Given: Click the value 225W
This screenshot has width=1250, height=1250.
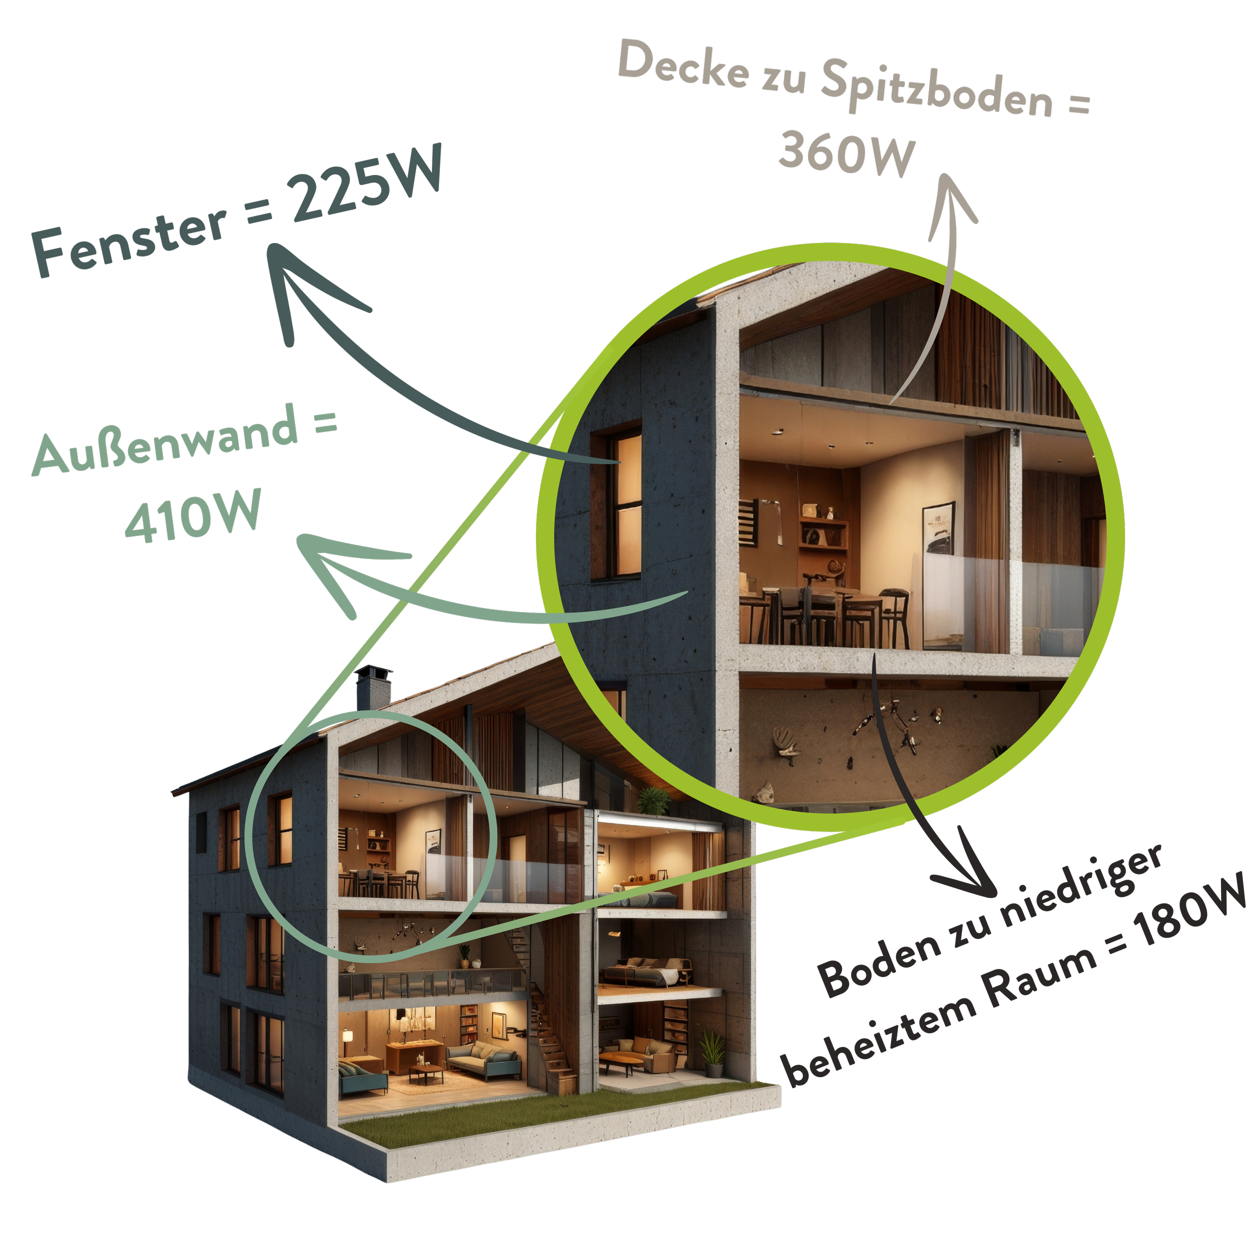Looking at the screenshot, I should click(366, 185).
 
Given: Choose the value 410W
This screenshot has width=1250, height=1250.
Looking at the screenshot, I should click(193, 515).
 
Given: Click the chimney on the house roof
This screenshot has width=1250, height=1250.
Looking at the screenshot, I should click(372, 688).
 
